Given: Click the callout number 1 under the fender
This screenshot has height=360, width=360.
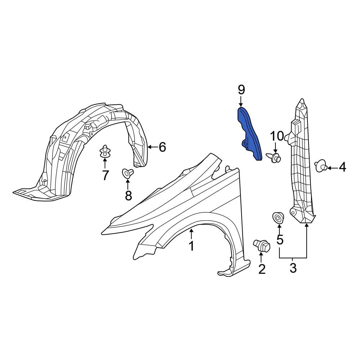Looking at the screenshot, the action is [x=191, y=246].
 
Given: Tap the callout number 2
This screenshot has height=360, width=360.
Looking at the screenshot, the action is [x=262, y=269].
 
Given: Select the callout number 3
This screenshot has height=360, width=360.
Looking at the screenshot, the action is [x=293, y=268].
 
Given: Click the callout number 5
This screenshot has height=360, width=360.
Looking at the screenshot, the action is [x=280, y=239].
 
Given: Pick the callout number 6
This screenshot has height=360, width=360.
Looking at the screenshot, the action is [x=162, y=147].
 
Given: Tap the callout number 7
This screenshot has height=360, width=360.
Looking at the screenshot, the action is [x=105, y=175].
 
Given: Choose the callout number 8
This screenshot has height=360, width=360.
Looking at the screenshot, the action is [x=129, y=195].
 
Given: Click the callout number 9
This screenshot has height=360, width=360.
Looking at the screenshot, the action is [x=241, y=90].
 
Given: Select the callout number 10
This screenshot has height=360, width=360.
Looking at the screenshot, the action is [x=277, y=136].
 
